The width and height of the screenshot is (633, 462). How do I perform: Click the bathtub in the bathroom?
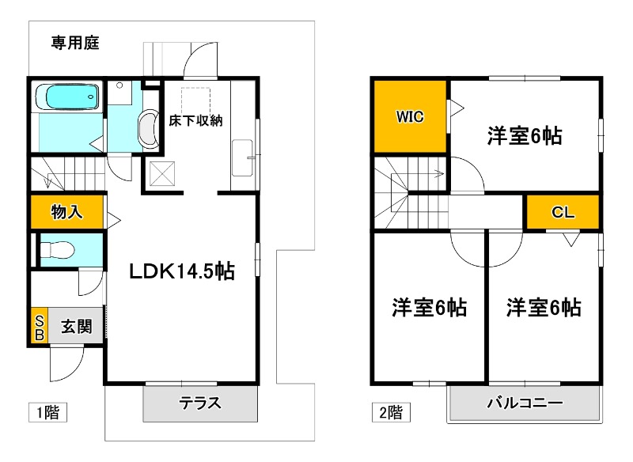point(68,97)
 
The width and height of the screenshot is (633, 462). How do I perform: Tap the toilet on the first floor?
point(57,251)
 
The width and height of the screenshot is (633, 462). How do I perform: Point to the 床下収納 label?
point(196,121)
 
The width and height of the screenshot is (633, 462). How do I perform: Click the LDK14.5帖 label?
point(182,271)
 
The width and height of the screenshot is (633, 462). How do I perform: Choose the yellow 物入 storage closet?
point(67,212)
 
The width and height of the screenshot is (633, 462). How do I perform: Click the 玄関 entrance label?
point(77,326)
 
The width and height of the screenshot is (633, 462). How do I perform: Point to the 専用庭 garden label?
point(74,43)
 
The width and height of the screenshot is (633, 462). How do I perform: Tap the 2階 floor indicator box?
point(389,412)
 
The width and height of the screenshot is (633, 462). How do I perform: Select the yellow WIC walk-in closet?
point(410,117)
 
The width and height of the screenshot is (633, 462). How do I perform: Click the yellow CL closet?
point(563,213)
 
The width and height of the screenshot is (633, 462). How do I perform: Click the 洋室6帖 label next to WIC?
point(524,136)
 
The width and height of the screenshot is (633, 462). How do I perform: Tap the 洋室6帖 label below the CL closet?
point(544,307)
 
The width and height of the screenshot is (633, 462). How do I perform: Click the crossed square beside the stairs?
point(162,172)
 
